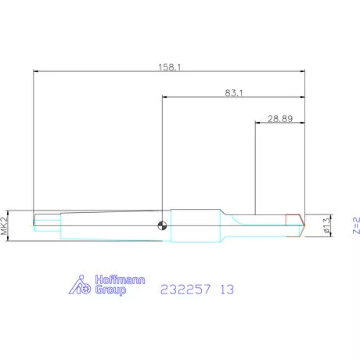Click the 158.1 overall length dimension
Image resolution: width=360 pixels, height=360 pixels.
coord(170,67)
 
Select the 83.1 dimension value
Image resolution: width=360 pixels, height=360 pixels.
coord(234,93)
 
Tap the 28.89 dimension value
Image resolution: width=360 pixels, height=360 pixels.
coord(280,119)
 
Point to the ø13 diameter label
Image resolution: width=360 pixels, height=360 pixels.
coord(326,225)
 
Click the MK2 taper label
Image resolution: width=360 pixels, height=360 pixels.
coord(4,225)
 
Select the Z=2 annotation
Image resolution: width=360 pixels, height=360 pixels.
coord(356,225)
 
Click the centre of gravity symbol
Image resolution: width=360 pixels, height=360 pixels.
coord(162,225)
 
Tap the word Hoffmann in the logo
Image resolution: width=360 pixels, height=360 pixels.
coord(120,280)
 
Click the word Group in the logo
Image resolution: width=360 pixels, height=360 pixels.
coord(110,290)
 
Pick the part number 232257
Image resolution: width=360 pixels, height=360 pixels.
coord(185,290)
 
